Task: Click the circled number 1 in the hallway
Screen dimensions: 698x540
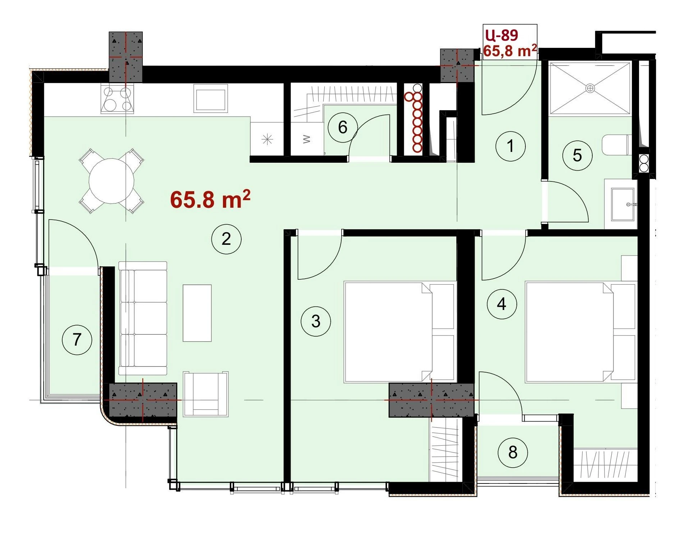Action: click(510, 146)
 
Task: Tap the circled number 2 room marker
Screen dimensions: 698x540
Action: click(226, 239)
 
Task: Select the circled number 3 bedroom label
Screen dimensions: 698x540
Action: click(316, 321)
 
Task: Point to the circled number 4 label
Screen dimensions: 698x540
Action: click(502, 304)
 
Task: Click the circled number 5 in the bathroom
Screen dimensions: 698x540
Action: click(577, 155)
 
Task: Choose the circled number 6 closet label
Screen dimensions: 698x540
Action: click(343, 127)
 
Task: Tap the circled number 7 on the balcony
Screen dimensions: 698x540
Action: click(77, 339)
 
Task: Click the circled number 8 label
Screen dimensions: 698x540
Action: click(513, 452)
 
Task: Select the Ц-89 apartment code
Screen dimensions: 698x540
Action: click(502, 35)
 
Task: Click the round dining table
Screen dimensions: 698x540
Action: click(111, 181)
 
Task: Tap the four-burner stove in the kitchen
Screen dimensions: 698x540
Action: click(117, 99)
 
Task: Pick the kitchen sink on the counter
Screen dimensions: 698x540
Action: click(211, 98)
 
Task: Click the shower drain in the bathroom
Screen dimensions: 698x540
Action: click(590, 88)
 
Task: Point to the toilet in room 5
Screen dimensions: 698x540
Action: click(616, 145)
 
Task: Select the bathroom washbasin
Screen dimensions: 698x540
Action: click(624, 204)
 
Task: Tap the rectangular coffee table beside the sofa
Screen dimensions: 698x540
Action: click(197, 313)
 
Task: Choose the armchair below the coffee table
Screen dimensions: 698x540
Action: click(205, 394)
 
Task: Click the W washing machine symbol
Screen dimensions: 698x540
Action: click(306, 139)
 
